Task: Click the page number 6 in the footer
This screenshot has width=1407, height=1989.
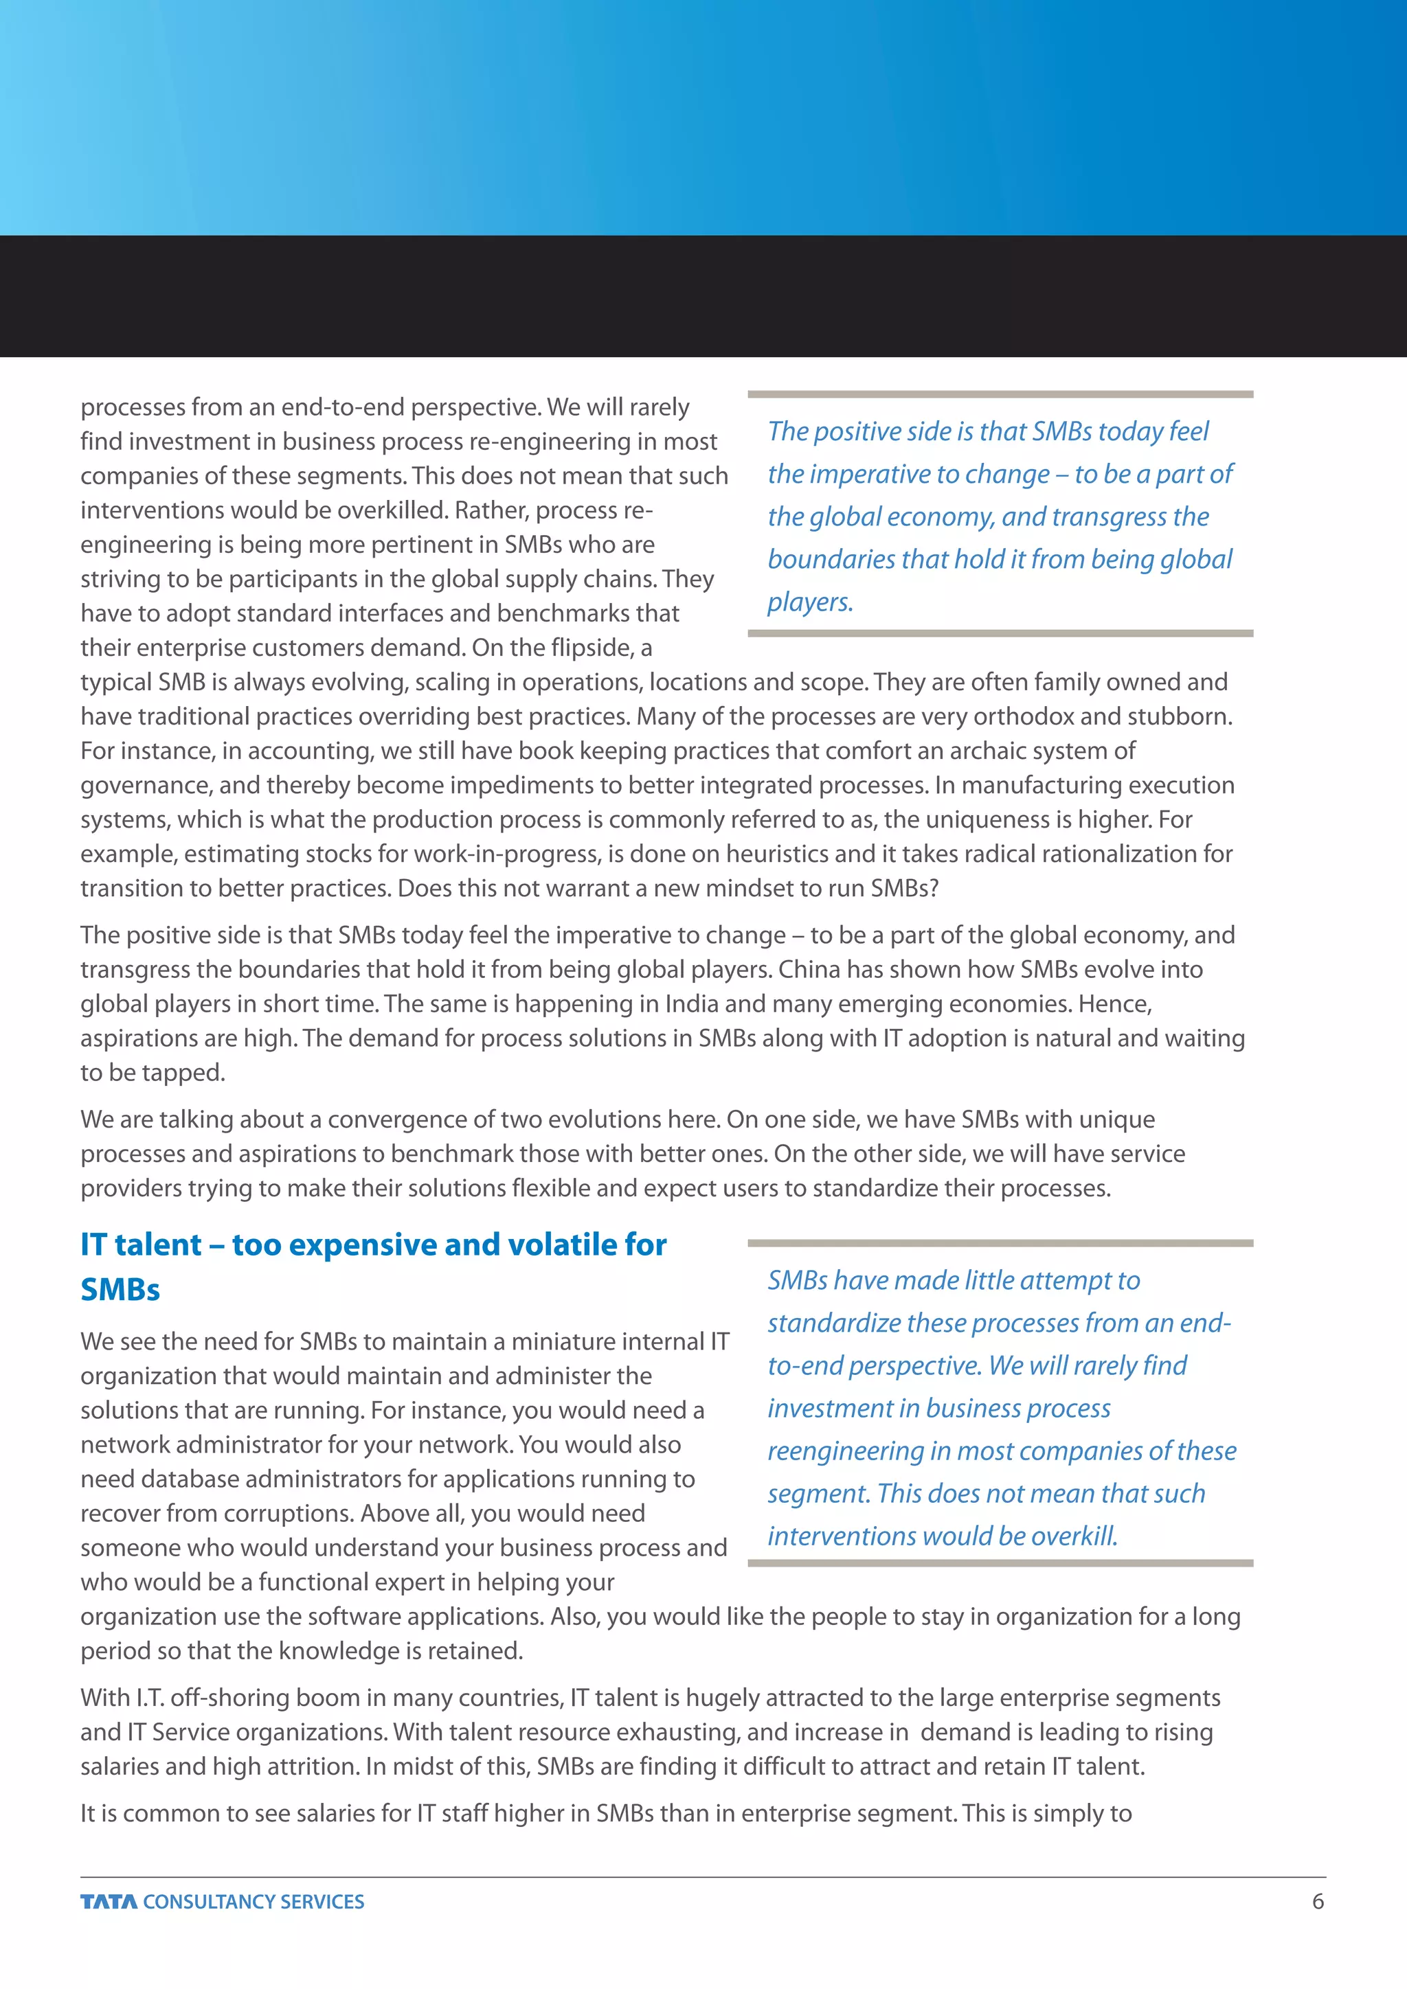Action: click(x=1318, y=1902)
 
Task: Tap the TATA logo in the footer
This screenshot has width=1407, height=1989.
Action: click(x=109, y=1902)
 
